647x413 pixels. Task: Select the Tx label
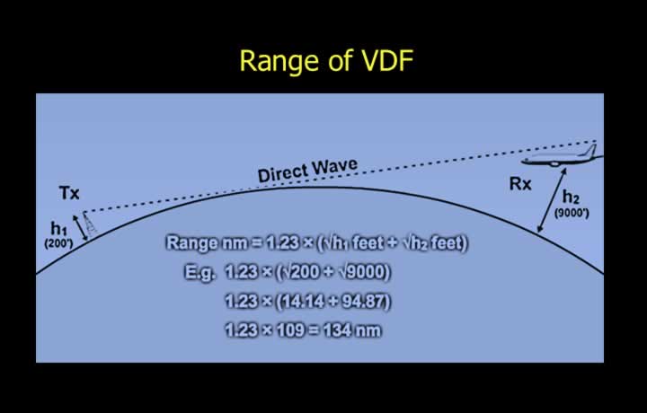69,193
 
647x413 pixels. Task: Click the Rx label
520,184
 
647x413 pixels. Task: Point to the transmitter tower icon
89,223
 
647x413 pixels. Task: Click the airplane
562,156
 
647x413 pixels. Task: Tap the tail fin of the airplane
591,151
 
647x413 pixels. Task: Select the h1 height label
58,228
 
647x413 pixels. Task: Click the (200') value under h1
58,243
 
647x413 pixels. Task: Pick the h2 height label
572,198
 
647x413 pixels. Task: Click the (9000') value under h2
572,213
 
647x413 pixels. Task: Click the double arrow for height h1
80,227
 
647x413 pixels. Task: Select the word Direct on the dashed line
283,173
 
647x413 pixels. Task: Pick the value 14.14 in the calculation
303,302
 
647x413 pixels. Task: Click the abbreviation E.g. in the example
199,272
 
